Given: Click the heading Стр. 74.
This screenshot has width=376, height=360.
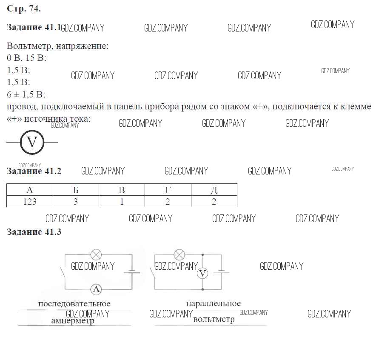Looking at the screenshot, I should click(x=24, y=9).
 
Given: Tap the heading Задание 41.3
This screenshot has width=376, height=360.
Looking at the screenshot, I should click(x=34, y=232).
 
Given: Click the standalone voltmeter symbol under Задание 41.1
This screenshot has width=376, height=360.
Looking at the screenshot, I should click(x=32, y=142).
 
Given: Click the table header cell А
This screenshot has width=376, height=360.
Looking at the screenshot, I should click(x=30, y=190).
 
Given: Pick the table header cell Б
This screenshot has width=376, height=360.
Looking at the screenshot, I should click(x=76, y=190).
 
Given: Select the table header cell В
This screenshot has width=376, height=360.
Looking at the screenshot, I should click(x=122, y=190).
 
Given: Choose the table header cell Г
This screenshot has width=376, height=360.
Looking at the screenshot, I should click(x=168, y=190).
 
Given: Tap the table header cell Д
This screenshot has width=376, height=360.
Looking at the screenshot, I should click(x=214, y=190).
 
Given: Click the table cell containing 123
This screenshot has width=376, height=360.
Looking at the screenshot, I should click(x=30, y=202).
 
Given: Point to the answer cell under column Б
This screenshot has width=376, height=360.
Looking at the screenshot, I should click(x=76, y=202).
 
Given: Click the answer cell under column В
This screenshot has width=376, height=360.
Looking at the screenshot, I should click(x=122, y=202).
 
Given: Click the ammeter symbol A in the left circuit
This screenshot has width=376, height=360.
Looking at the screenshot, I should click(x=97, y=289).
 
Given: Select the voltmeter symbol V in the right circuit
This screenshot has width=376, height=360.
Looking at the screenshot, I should click(x=203, y=273).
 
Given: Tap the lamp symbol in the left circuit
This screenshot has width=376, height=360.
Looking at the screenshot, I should click(x=97, y=255).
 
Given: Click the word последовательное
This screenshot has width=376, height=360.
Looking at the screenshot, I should click(x=74, y=304).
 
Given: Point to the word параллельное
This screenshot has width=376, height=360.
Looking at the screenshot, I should click(x=214, y=304).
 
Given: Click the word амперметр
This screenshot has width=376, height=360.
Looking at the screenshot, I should click(x=72, y=321).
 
